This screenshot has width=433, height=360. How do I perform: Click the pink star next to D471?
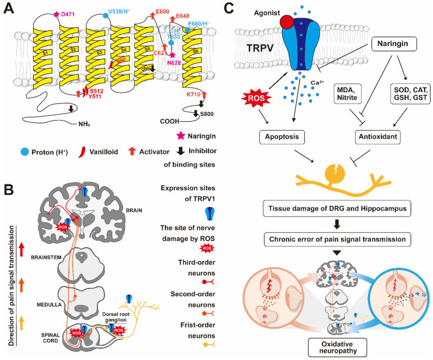click(57, 14)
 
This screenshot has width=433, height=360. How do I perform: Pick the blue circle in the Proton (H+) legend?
click(11, 147)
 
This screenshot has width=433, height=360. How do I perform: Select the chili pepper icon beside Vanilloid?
click(78, 147)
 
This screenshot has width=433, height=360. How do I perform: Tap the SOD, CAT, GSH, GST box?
click(401, 93)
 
